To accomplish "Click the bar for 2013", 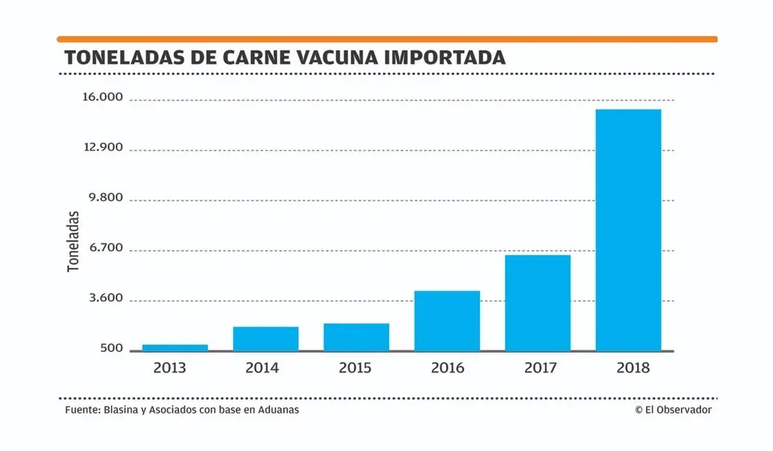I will coord(175,348).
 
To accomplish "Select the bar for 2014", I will coord(266,338).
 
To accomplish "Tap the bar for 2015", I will coord(356,337).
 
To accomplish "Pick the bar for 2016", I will coord(447,320).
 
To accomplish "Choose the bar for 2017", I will coord(537,303).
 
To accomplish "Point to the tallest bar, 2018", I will coord(628,230).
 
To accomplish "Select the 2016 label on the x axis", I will coord(448,369).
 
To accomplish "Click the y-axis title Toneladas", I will coord(73,241).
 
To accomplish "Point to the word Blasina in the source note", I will coord(122,409).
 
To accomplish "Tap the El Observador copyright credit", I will coord(673,409).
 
